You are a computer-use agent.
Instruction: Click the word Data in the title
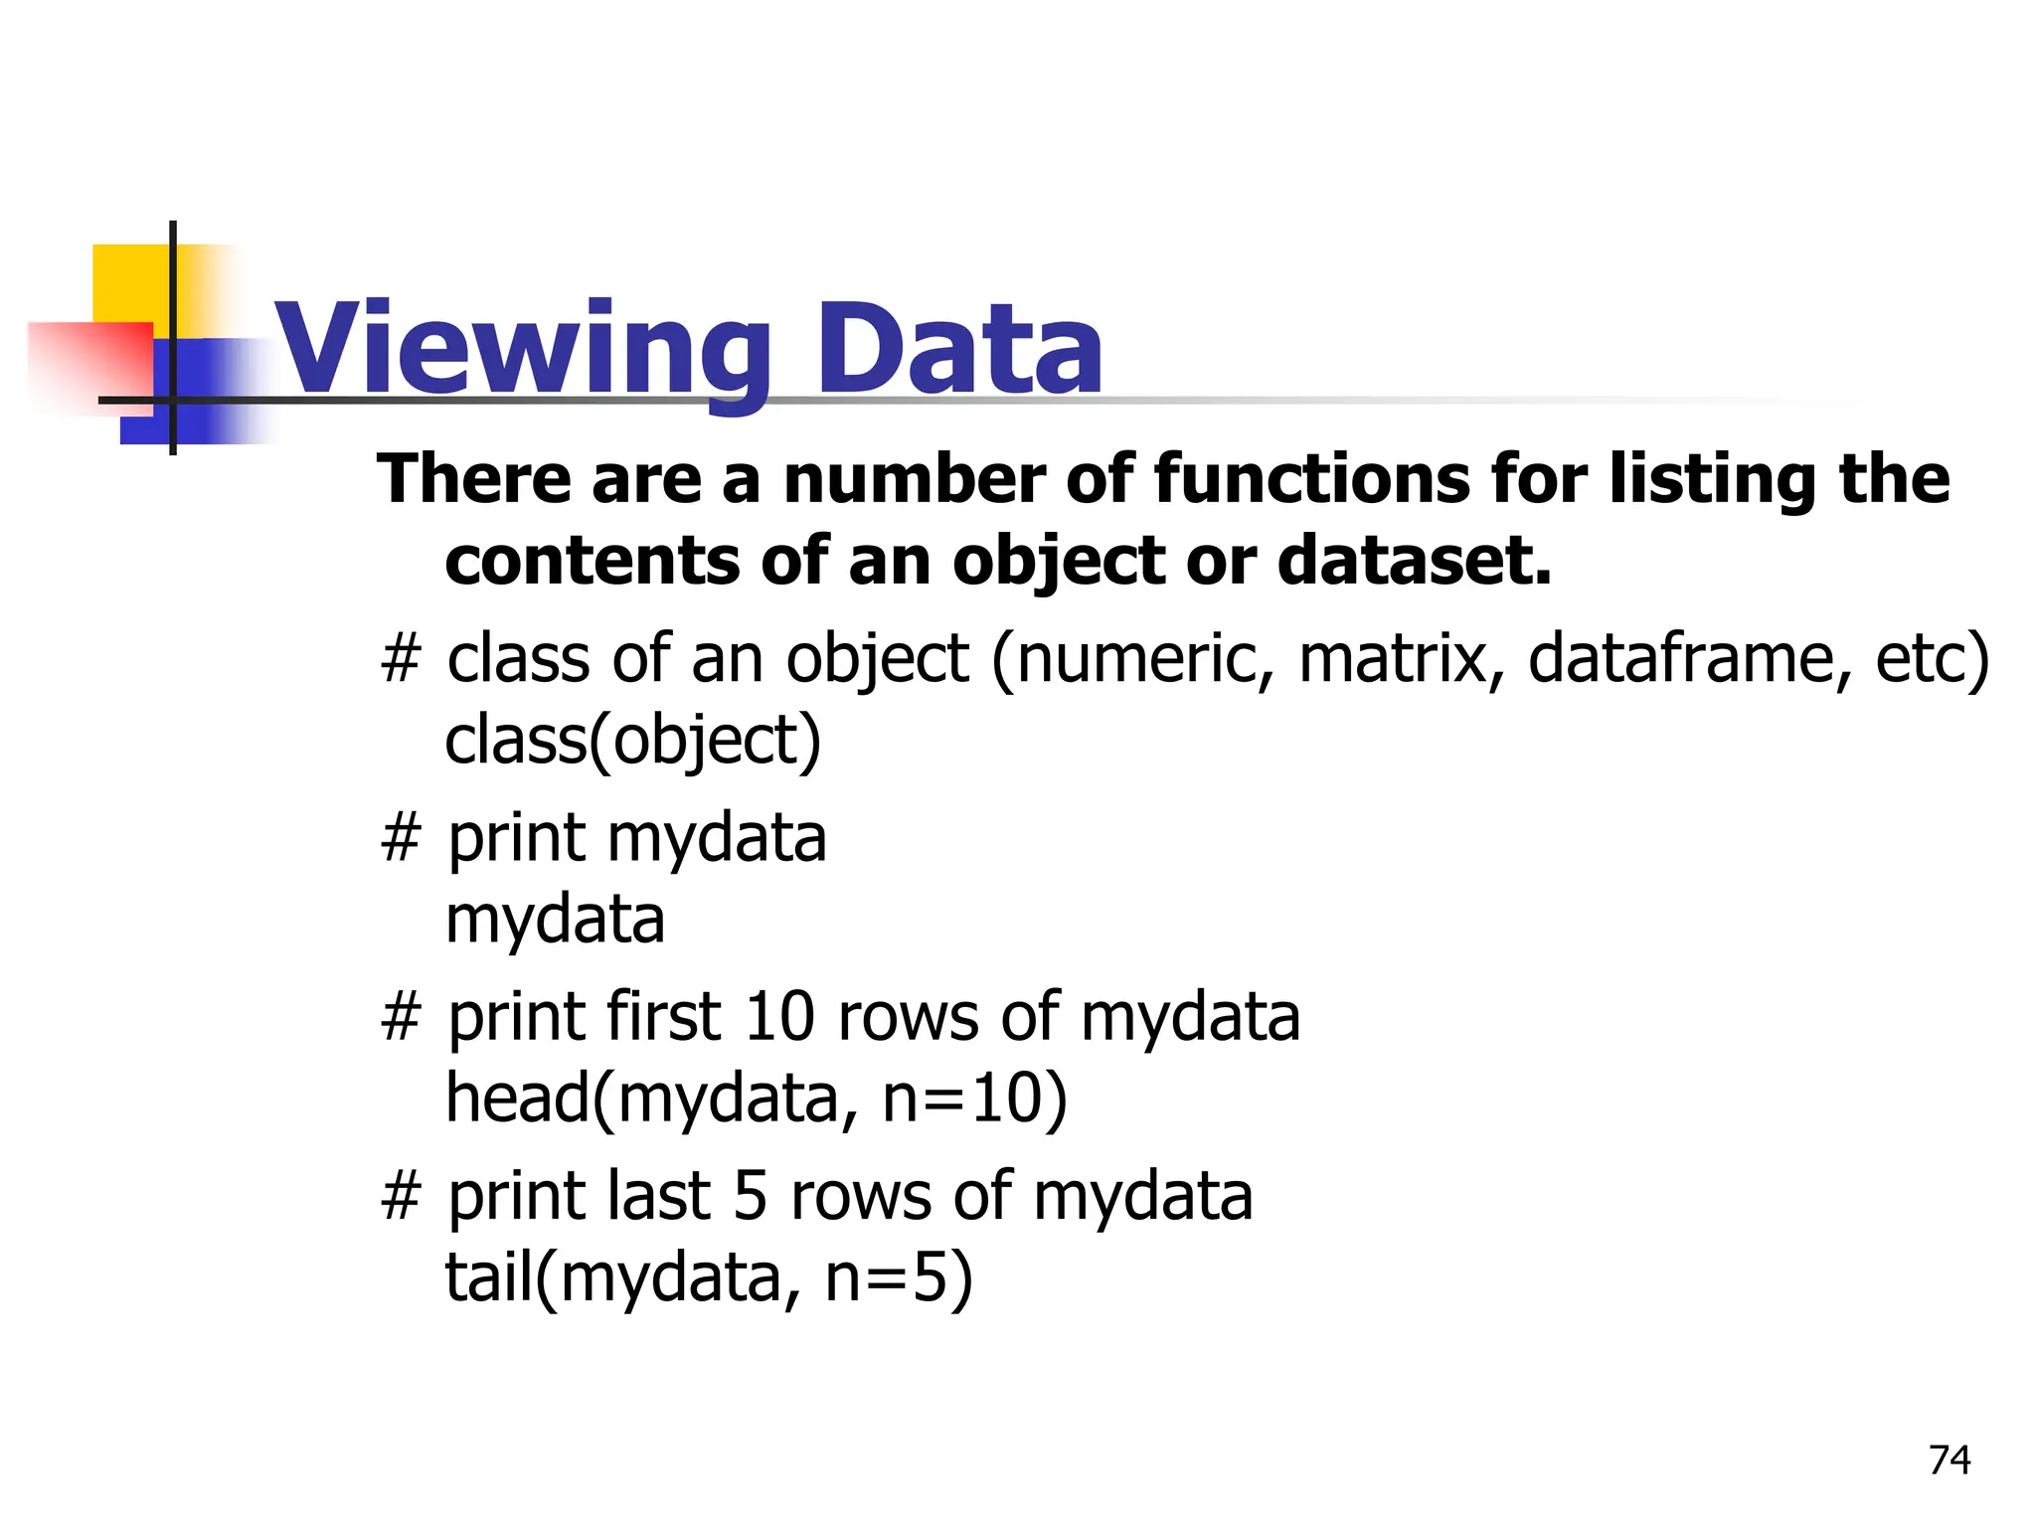(958, 350)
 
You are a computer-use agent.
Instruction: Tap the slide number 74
(1950, 1460)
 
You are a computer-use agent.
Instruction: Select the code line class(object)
(633, 741)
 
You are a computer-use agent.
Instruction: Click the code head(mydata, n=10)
(757, 1099)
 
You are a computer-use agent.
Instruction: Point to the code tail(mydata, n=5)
(709, 1277)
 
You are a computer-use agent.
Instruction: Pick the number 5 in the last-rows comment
(751, 1196)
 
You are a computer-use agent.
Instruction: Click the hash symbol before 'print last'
(402, 1196)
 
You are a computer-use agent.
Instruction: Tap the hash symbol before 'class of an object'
(402, 659)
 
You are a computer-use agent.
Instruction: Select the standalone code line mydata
(555, 920)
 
